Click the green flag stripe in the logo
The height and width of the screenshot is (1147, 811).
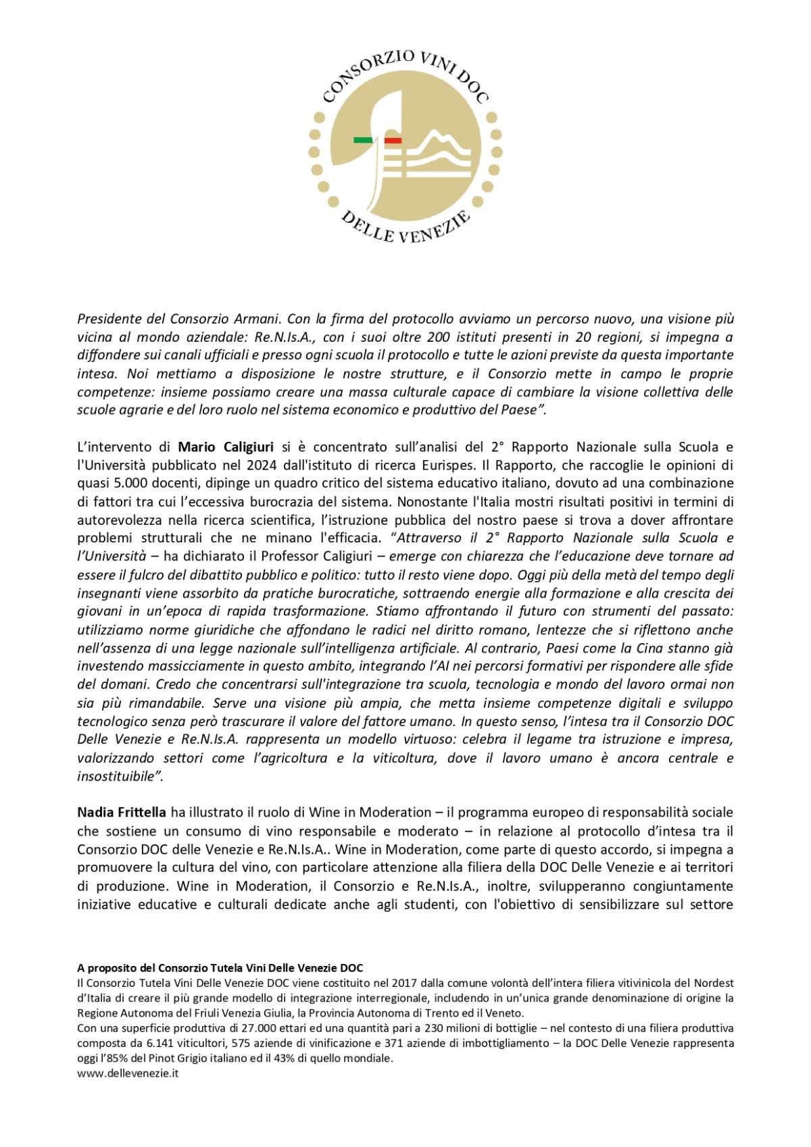(363, 141)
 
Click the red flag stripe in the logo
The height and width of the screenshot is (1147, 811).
(393, 141)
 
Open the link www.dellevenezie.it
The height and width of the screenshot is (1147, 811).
(128, 1073)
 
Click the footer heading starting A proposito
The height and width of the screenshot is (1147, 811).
(220, 968)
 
